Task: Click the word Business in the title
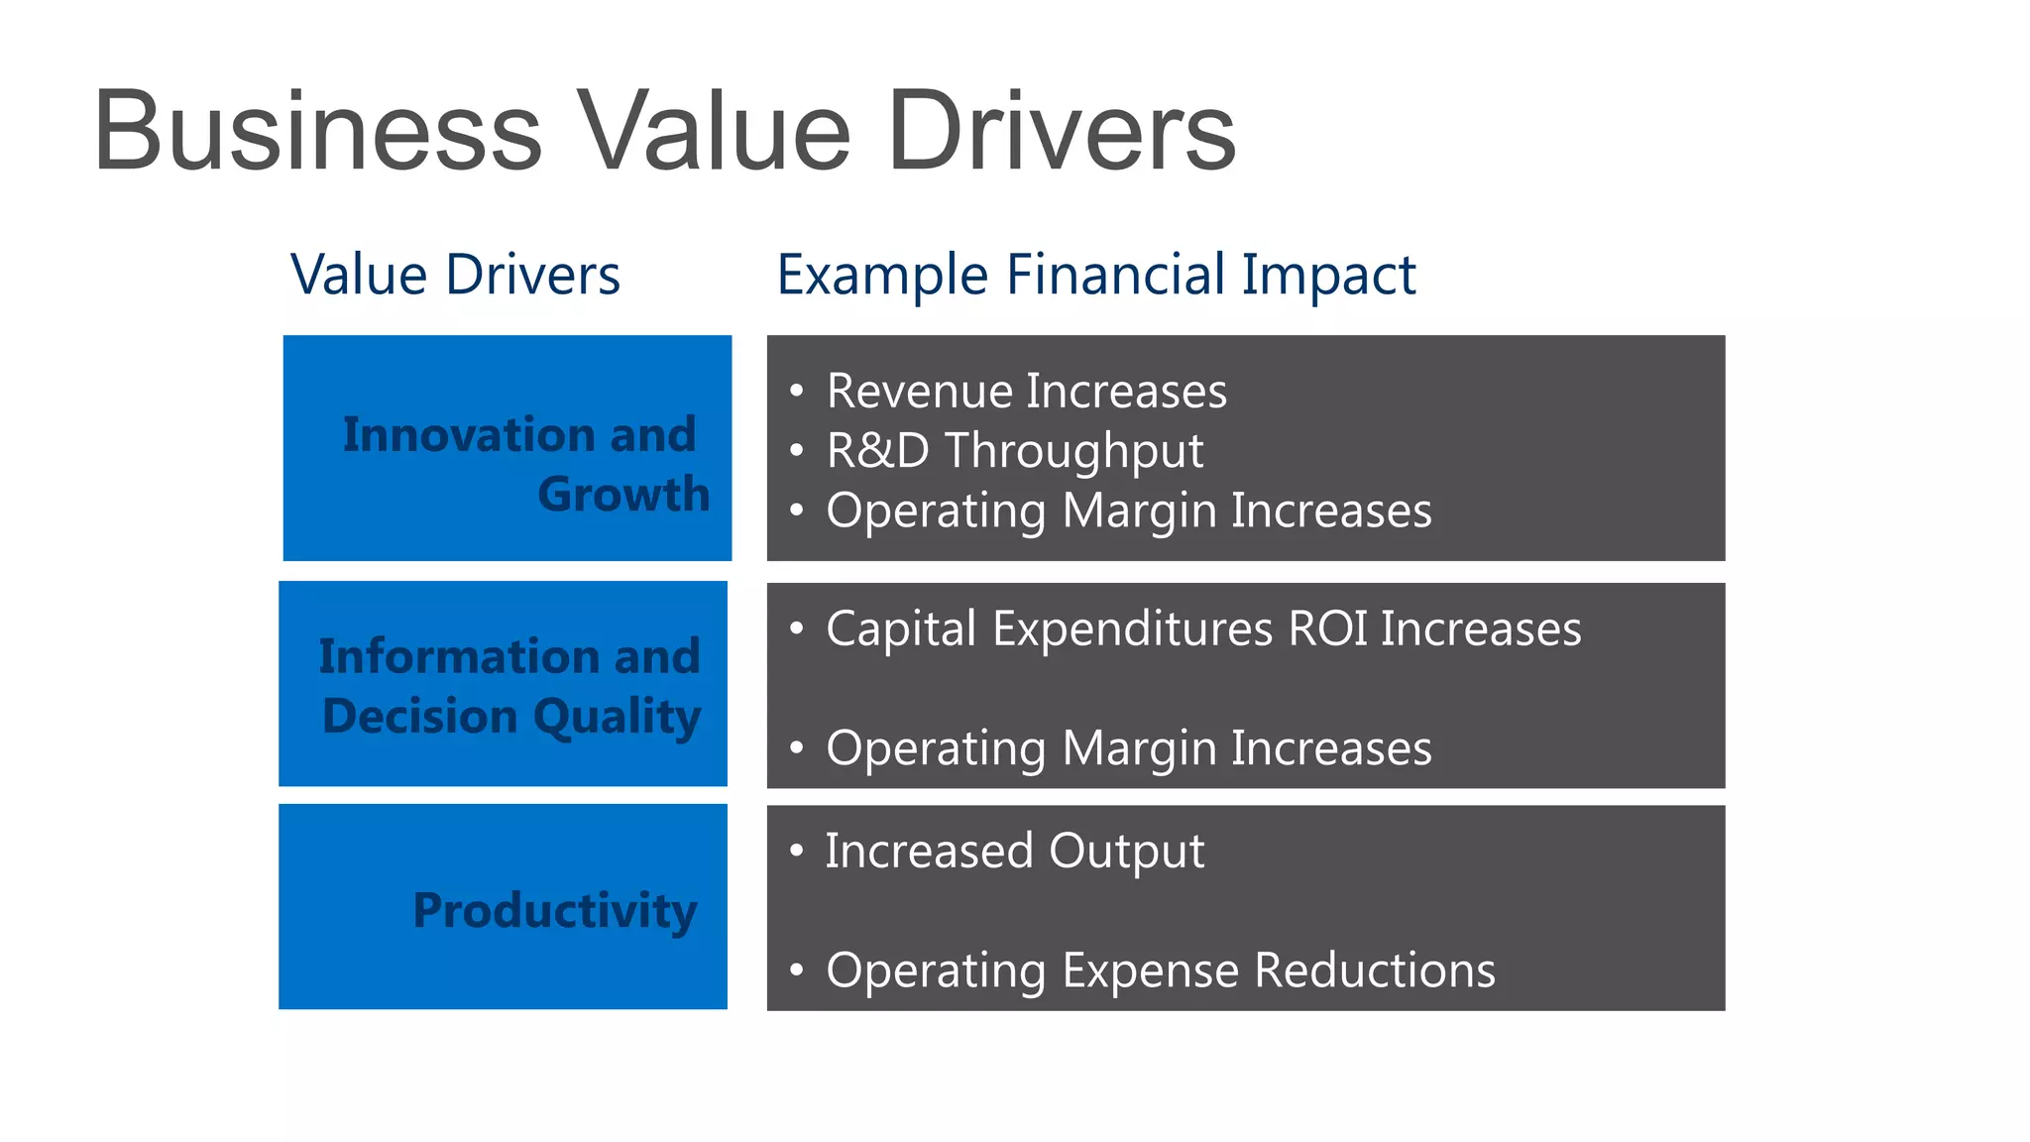click(317, 132)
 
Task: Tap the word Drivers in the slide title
click(1061, 132)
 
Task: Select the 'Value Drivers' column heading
click(455, 275)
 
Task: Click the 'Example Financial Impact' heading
click(1095, 275)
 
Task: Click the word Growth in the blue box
click(623, 494)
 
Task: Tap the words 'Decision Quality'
click(511, 716)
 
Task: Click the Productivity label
click(555, 910)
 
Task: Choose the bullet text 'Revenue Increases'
click(1026, 391)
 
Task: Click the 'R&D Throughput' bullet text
click(1014, 451)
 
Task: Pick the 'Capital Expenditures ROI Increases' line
click(1202, 628)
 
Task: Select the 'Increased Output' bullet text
click(1014, 851)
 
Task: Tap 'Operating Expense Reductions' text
click(1160, 970)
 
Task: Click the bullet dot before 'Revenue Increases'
click(796, 391)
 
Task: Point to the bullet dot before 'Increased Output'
click(796, 851)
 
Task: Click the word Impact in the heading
click(1328, 275)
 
